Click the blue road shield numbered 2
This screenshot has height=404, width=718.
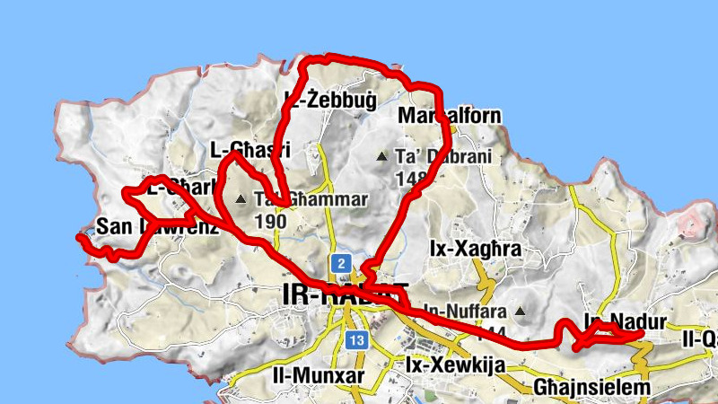tap(341, 264)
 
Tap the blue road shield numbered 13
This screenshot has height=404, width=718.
tap(356, 339)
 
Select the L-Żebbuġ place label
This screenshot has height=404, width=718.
tap(329, 98)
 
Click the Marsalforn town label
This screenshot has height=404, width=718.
tap(449, 117)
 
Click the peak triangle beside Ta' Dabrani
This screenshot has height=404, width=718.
tap(382, 157)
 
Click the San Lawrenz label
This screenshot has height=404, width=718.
tap(157, 226)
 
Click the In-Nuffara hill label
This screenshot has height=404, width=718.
tap(465, 312)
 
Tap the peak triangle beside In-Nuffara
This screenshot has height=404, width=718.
tap(520, 312)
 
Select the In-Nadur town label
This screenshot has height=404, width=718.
tap(626, 321)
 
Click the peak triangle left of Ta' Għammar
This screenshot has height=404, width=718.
tap(241, 199)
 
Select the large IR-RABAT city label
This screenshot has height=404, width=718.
tap(345, 294)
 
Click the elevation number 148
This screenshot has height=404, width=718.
tap(408, 178)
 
